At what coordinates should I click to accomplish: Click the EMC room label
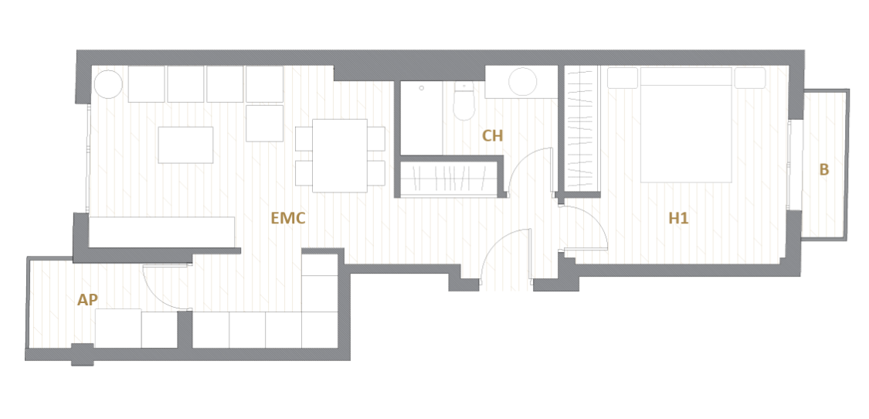287,218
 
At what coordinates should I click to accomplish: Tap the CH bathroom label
493,136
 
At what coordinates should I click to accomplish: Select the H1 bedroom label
678,219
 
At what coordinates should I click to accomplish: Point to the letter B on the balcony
824,170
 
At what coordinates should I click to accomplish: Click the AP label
87,300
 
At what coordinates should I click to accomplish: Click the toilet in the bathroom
464,101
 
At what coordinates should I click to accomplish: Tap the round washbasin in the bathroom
523,82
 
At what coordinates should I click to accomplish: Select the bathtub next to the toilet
422,118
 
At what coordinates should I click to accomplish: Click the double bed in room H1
686,125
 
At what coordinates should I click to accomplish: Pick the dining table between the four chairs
340,155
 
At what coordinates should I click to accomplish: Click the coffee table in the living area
185,145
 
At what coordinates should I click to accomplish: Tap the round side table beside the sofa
108,84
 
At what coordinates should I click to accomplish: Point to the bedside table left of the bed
623,78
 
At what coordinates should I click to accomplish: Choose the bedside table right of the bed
750,78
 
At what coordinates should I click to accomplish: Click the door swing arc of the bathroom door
521,160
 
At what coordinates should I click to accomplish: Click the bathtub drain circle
422,88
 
